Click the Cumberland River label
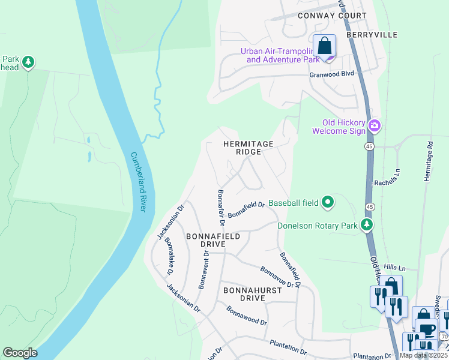[x=139, y=181]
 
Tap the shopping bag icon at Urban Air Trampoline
[x=324, y=46]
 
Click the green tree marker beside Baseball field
[x=327, y=203]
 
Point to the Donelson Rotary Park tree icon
[x=366, y=226]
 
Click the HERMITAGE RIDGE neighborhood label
[x=248, y=148]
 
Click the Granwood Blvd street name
[x=331, y=74]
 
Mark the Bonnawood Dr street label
[x=246, y=316]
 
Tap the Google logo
[x=20, y=353]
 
